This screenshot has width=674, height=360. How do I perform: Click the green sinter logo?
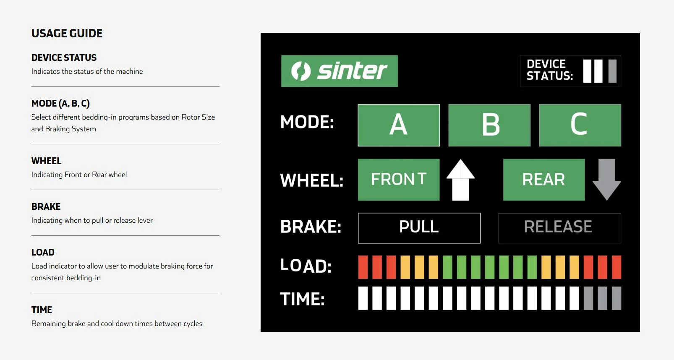tap(340, 71)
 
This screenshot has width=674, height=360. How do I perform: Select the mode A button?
tap(399, 125)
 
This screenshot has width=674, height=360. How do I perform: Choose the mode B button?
tap(489, 125)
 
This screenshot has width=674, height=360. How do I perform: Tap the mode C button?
tap(580, 125)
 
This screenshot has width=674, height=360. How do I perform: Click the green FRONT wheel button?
tap(399, 180)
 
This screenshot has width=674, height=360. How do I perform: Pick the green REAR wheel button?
tap(544, 180)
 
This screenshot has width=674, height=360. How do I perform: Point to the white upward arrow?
tap(461, 180)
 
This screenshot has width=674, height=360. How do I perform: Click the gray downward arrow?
tap(606, 180)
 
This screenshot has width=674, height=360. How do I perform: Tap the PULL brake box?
tap(419, 228)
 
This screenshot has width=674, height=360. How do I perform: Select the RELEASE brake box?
tap(559, 228)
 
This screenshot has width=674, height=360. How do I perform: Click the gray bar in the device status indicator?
tap(612, 71)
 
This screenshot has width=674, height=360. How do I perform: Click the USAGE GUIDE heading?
tap(67, 33)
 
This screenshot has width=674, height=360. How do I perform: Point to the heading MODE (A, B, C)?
tap(60, 104)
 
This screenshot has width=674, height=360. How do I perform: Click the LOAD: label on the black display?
tap(306, 266)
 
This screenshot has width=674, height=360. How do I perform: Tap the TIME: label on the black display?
tap(303, 299)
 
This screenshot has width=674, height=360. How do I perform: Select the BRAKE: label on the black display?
tap(311, 227)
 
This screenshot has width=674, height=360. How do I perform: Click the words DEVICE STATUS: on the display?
tap(550, 70)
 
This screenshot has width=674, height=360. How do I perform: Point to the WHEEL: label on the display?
tap(312, 180)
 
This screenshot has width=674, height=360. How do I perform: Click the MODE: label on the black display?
tap(307, 122)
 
